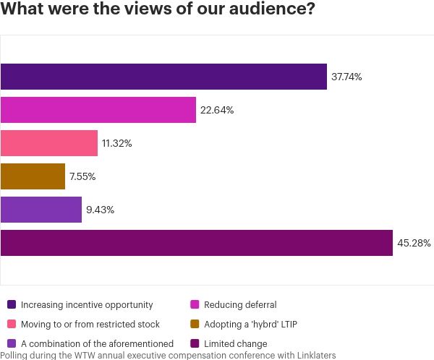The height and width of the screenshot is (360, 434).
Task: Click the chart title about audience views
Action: [158, 12]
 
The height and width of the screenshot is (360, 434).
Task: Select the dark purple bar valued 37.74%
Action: [163, 77]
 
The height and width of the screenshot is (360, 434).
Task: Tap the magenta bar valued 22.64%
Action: [98, 110]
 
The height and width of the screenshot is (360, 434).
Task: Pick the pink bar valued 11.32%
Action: [49, 143]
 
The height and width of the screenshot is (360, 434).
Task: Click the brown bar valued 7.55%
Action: [33, 176]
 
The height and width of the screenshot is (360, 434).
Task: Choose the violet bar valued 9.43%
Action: [41, 210]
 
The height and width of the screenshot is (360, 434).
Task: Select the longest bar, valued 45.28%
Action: [196, 243]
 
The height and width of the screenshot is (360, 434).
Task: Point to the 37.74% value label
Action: [346, 77]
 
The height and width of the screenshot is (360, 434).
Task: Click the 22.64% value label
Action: [217, 110]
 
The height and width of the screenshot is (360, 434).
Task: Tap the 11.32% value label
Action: [117, 143]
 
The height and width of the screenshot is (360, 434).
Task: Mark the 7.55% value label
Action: [82, 176]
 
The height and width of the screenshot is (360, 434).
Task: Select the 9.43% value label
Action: [101, 210]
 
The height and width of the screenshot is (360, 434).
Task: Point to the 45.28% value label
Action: [414, 243]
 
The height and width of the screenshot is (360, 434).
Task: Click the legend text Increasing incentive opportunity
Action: [86, 305]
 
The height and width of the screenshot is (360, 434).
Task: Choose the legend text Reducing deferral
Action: [240, 305]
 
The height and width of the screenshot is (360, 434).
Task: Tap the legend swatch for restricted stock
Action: [11, 325]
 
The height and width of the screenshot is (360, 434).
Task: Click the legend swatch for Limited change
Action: [194, 344]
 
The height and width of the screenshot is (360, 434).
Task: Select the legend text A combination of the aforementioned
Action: [97, 344]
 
